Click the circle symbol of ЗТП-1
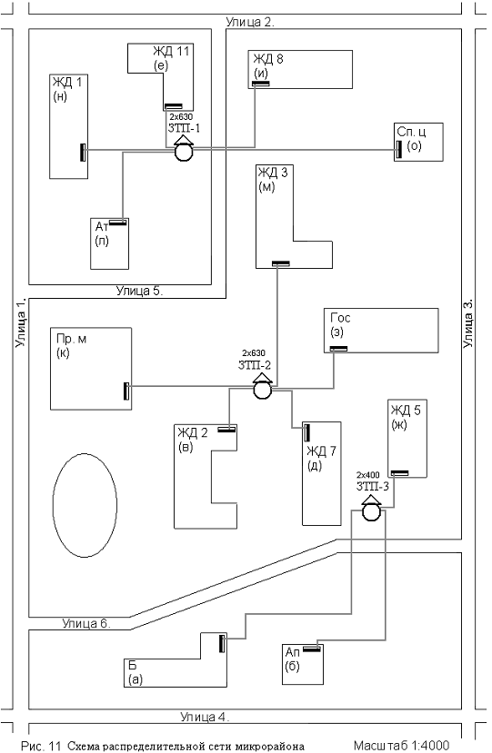click(x=183, y=153)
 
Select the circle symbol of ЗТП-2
click(x=262, y=390)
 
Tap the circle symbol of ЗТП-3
click(x=371, y=512)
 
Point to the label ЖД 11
click(x=171, y=51)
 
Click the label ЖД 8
click(x=268, y=59)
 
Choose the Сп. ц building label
click(x=411, y=132)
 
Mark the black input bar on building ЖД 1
click(x=83, y=153)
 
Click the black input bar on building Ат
click(x=118, y=223)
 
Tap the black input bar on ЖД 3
click(x=281, y=263)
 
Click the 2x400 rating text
click(x=368, y=475)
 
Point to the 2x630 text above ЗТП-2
click(x=254, y=353)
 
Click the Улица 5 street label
click(x=139, y=291)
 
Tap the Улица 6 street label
click(x=86, y=623)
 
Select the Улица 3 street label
click(x=468, y=323)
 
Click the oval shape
click(x=85, y=506)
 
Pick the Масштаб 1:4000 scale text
click(x=402, y=746)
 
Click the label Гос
click(x=340, y=317)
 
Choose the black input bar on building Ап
click(x=312, y=649)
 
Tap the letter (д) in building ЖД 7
click(x=315, y=465)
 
